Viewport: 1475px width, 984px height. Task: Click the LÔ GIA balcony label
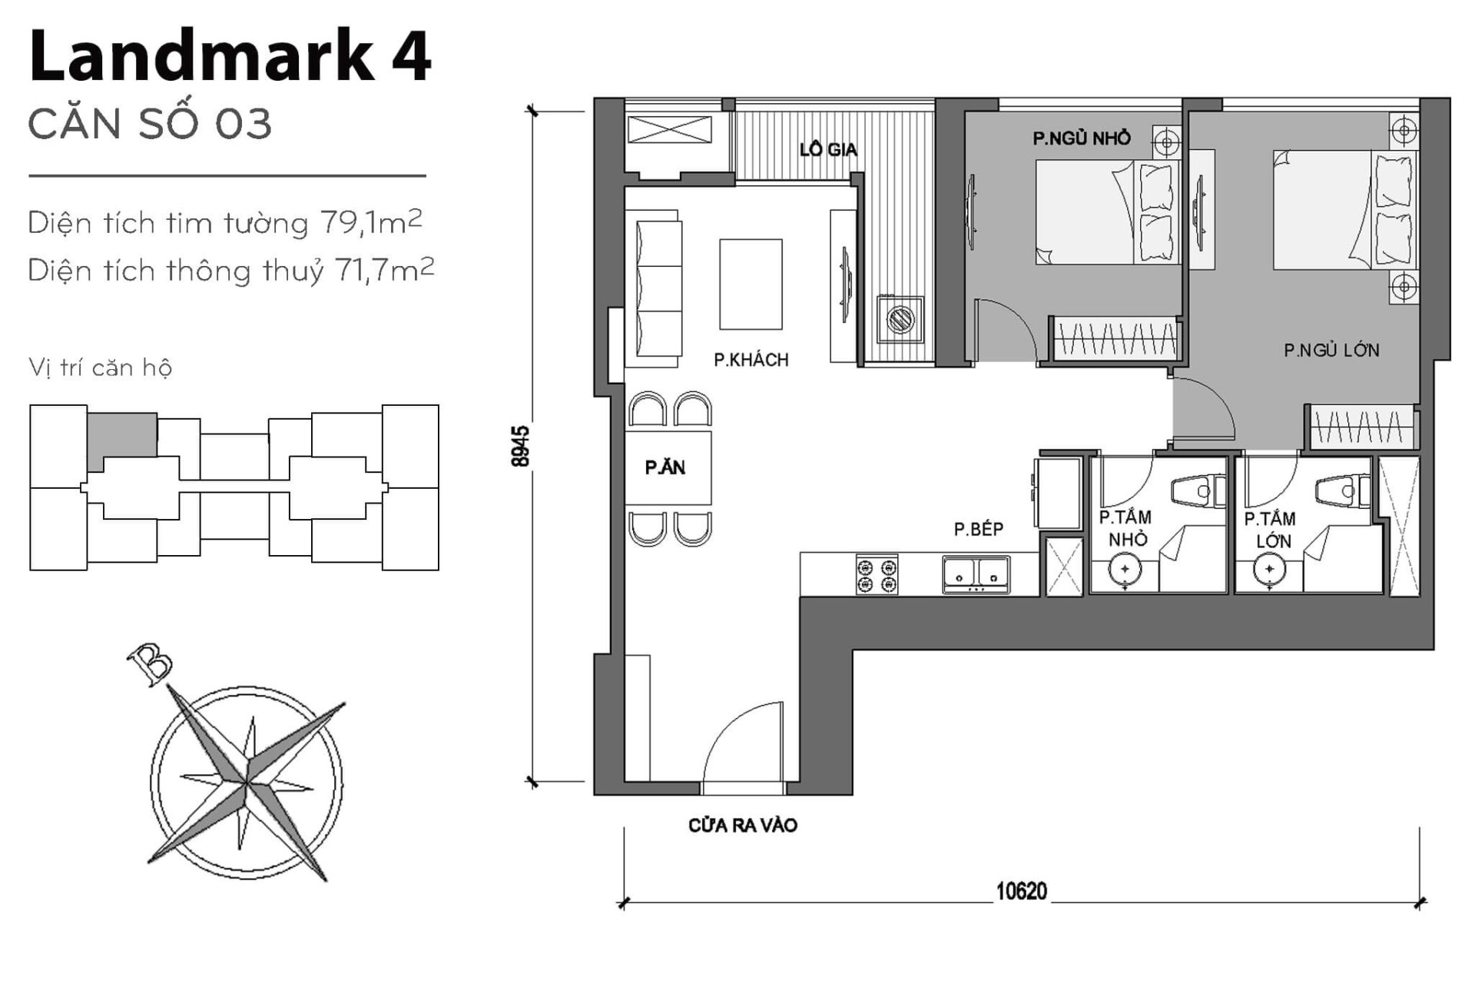click(827, 149)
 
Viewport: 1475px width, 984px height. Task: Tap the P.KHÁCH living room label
click(751, 360)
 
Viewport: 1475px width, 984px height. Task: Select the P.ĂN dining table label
click(665, 467)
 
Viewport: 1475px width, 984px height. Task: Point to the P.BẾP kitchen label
click(978, 529)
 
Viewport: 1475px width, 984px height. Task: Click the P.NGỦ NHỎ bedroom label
click(1081, 138)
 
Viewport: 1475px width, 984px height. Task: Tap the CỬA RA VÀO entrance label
click(742, 826)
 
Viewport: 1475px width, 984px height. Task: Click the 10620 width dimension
click(1021, 891)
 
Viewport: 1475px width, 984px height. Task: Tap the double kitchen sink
click(976, 573)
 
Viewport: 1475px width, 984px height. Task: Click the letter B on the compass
click(151, 662)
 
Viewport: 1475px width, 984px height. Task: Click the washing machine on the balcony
click(900, 317)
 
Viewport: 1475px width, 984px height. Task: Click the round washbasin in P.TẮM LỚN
click(1269, 570)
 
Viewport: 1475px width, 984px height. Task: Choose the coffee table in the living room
click(751, 284)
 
